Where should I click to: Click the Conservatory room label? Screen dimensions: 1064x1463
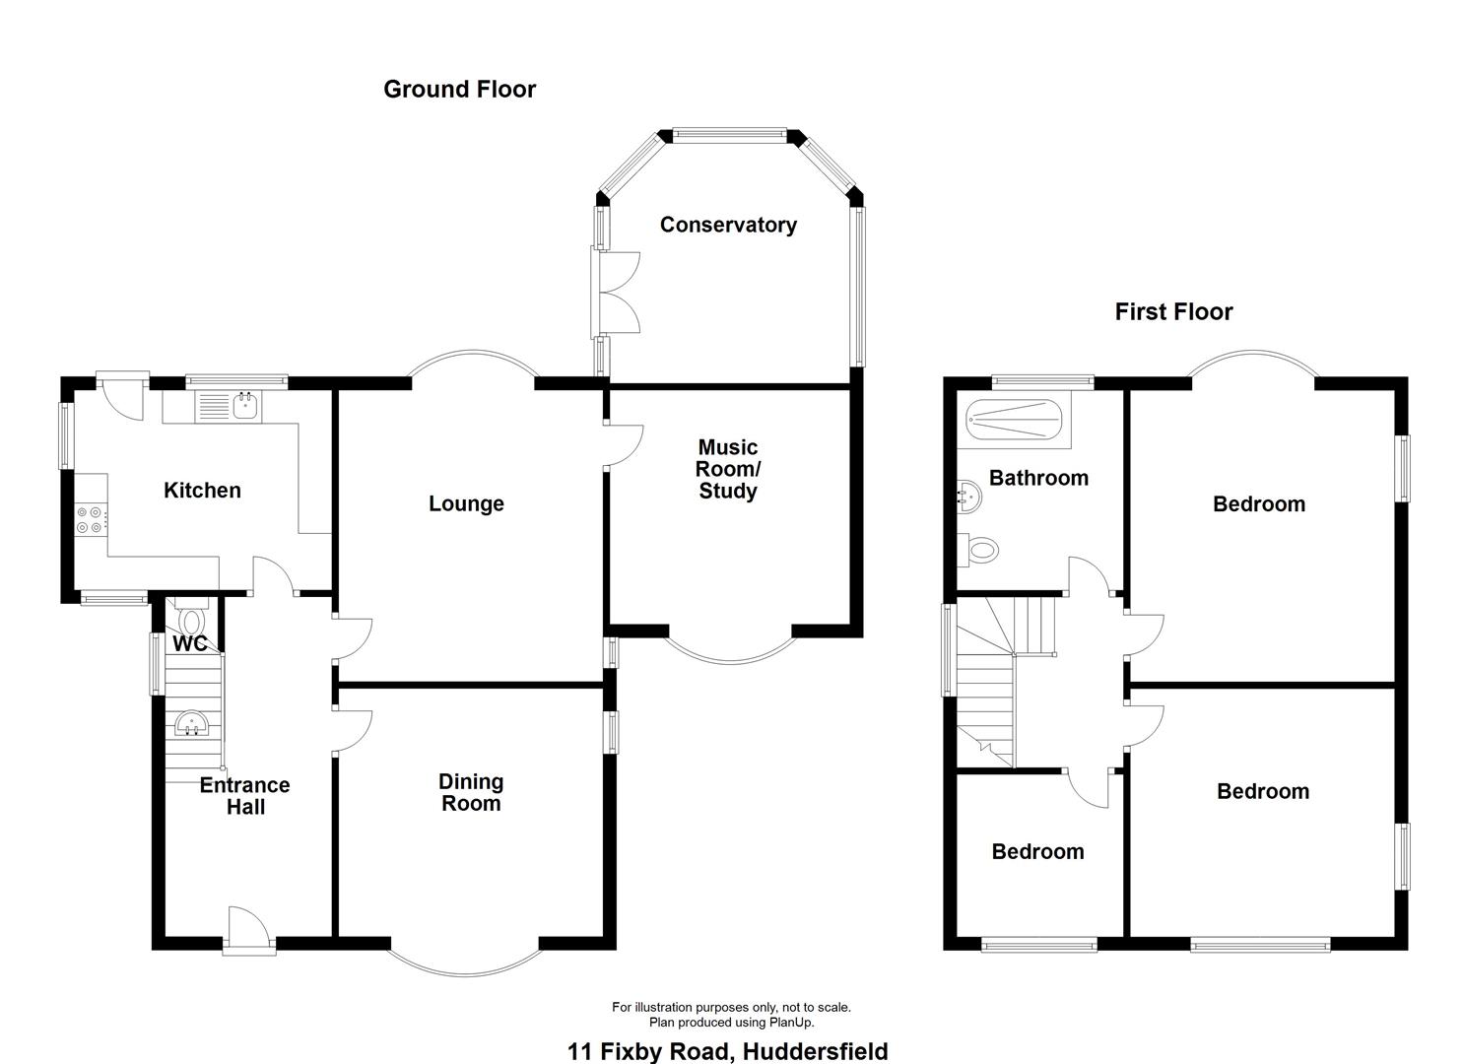[x=728, y=225]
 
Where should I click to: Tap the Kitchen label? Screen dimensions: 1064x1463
[x=202, y=490]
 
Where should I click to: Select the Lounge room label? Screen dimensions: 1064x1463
[x=466, y=503]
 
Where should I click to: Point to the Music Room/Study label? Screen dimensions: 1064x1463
[x=728, y=469]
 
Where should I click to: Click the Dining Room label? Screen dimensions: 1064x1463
[x=471, y=792]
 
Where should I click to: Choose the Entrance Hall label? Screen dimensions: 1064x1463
[x=245, y=795]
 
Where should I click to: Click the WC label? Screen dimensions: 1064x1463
[x=190, y=644]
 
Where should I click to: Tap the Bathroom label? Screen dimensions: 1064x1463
[x=1038, y=478]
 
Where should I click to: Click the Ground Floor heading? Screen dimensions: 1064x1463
[x=459, y=90]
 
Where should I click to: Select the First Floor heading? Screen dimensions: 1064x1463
[x=1173, y=312]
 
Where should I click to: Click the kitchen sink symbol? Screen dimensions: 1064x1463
[x=229, y=406]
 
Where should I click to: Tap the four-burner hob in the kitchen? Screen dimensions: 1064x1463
[x=90, y=519]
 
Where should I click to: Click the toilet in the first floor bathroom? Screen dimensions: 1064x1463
[x=981, y=549]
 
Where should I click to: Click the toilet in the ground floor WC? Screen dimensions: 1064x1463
[x=191, y=619]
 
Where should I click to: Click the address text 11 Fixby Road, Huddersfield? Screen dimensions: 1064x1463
[x=727, y=1051]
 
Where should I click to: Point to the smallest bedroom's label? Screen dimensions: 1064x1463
[x=1037, y=852]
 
